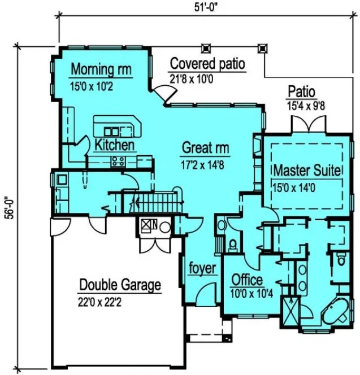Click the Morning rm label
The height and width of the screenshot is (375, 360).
click(101, 70)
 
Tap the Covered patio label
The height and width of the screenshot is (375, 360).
click(207, 64)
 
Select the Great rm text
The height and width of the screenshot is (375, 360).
click(205, 149)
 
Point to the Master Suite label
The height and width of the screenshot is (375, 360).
click(307, 170)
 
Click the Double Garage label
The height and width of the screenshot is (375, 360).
click(120, 285)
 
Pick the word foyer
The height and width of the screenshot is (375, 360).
click(202, 268)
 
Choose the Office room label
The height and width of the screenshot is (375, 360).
click(247, 280)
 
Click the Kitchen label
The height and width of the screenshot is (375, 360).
click(114, 145)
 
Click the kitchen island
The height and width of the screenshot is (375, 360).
click(116, 125)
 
